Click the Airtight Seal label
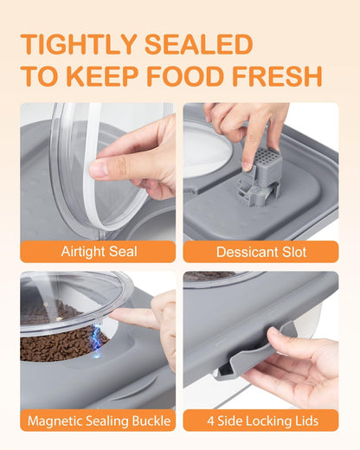98,251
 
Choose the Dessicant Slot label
260,251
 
